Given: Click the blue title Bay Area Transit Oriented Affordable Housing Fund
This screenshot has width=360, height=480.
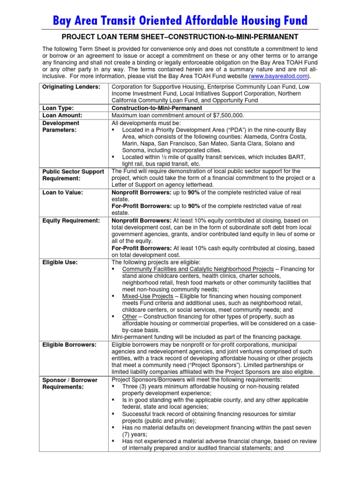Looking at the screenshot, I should pos(180,20).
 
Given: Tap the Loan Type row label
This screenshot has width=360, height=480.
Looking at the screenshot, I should pos(58,108).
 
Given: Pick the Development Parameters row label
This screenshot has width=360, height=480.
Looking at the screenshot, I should pos(60,126).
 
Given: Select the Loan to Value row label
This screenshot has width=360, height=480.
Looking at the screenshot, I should pos(62,193).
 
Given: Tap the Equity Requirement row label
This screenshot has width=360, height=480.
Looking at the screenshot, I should pos(71,220).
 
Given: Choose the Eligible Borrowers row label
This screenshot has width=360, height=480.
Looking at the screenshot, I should pos(69,345).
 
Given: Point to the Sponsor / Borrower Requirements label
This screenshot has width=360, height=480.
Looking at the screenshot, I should pos(70,383).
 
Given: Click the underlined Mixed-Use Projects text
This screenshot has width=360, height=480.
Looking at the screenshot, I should pos(147,296).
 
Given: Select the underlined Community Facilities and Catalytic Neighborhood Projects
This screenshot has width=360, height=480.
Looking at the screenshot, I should pos(198,269).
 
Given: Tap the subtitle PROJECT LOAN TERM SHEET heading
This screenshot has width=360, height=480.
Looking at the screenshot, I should pos(180,37).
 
